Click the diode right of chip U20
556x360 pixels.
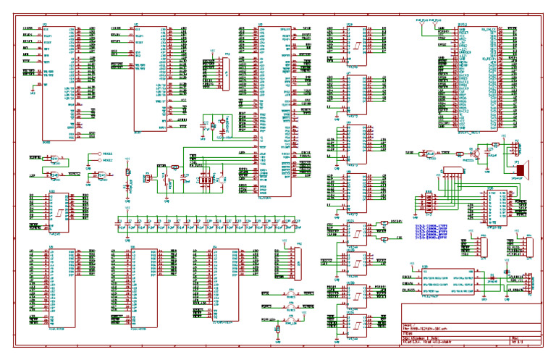(x=492, y=277)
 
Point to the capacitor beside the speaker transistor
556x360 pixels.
(x=496, y=145)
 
